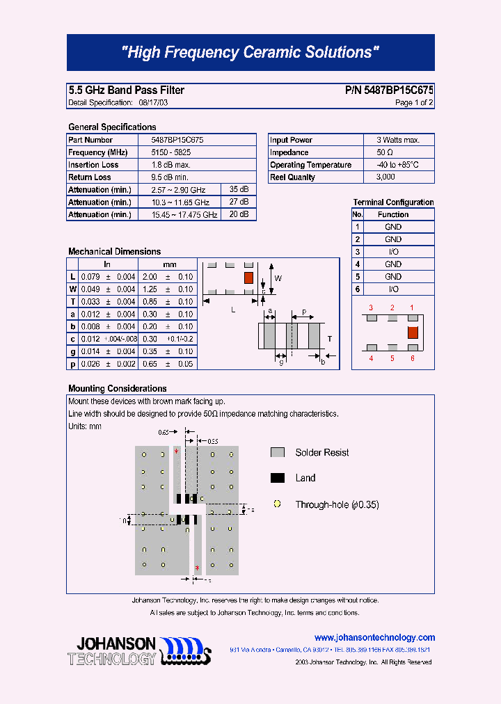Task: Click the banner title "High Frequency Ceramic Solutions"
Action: click(250, 52)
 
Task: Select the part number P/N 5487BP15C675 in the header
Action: click(389, 90)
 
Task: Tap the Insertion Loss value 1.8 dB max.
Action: click(170, 165)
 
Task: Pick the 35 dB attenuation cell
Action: click(239, 190)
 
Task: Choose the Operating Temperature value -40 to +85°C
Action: click(398, 165)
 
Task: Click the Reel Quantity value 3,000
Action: click(385, 177)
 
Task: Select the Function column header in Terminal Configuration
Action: click(393, 214)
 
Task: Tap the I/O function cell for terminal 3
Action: click(393, 252)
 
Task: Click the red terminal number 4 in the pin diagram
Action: click(371, 358)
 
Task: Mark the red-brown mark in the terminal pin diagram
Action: click(412, 332)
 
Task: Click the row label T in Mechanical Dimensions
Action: click(72, 301)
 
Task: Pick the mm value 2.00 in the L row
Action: click(150, 277)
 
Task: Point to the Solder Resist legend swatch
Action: click(278, 452)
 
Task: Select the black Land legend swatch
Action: click(278, 478)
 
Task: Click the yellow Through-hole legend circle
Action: click(277, 504)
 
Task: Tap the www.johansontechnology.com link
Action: click(374, 637)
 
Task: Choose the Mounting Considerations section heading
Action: click(117, 388)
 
